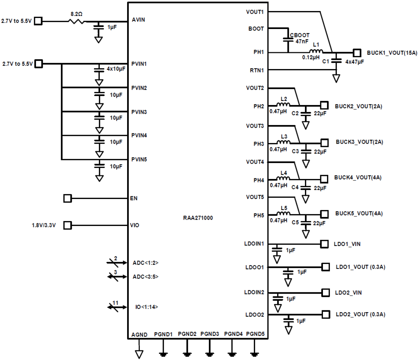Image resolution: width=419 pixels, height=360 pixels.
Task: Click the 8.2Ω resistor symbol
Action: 76,21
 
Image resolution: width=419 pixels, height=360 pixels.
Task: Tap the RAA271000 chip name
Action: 198,218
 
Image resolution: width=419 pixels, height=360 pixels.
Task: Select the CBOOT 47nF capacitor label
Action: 299,38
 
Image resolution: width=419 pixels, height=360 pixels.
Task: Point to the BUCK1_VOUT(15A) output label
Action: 392,53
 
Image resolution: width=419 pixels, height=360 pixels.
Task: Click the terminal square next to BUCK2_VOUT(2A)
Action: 324,105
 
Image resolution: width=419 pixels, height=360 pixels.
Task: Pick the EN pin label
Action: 134,198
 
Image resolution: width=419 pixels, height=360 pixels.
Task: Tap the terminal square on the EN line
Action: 67,198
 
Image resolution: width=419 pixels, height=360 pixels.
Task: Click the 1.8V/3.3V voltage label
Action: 44,225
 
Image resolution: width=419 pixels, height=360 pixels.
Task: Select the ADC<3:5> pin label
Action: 145,277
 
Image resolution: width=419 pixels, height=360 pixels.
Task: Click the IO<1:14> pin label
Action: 146,307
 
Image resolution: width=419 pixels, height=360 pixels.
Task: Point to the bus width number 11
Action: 115,303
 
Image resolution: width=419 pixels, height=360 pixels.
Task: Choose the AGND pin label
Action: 139,335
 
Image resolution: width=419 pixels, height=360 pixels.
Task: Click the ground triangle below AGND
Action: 139,354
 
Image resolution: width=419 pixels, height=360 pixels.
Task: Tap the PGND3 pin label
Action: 209,334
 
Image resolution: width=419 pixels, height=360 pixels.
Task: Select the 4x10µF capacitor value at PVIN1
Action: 116,69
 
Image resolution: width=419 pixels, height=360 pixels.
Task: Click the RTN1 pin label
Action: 257,70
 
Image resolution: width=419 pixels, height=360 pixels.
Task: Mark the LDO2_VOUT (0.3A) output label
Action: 360,314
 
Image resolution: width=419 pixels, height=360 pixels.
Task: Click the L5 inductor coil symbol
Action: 284,213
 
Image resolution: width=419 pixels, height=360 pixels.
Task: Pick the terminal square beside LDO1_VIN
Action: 324,244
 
